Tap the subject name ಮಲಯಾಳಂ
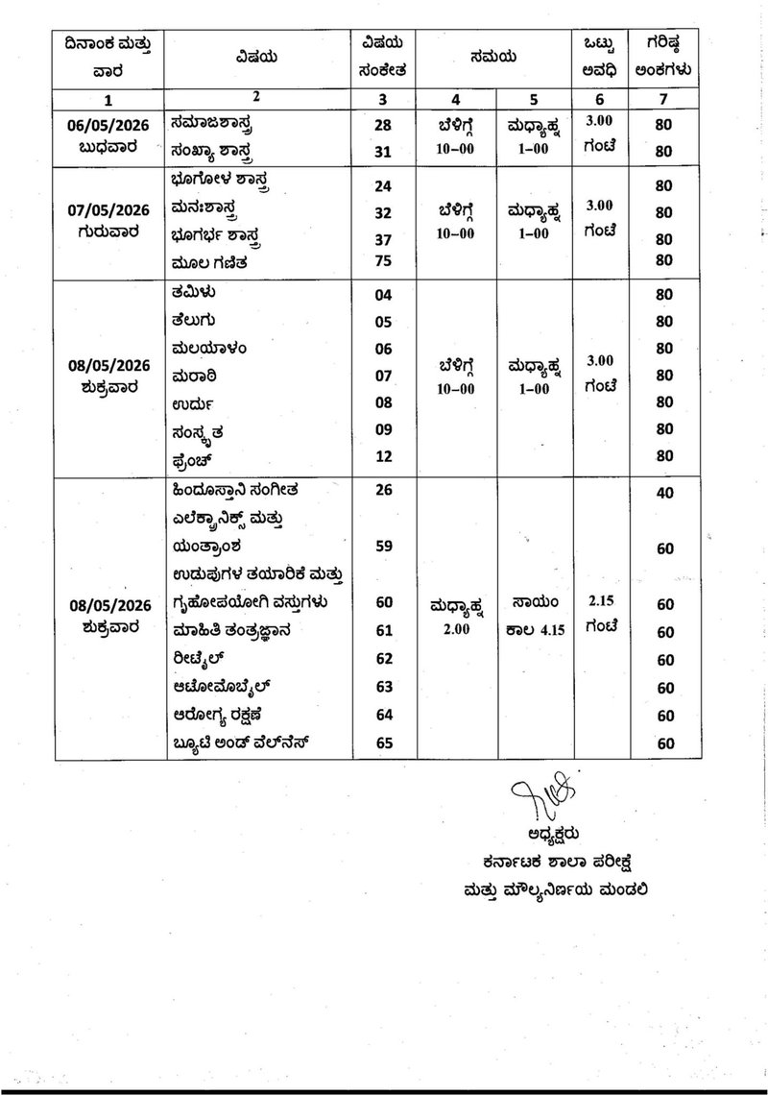click(205, 348)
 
